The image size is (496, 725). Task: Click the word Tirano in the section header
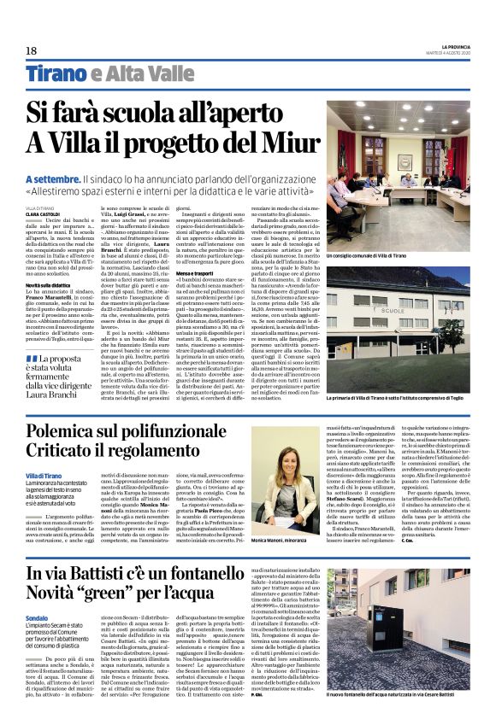pos(55,73)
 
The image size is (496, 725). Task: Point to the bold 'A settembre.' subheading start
pos(54,179)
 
